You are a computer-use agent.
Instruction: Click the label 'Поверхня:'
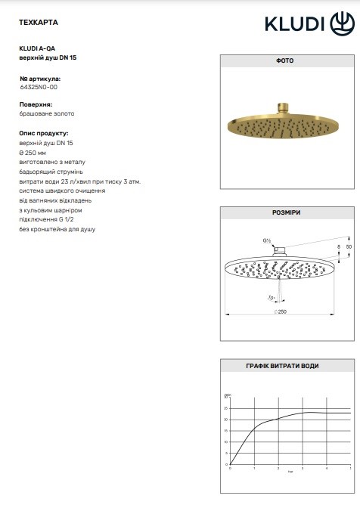click(x=35, y=104)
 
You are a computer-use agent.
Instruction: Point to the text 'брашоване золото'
click(x=47, y=113)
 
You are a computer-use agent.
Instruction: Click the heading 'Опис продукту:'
click(x=42, y=131)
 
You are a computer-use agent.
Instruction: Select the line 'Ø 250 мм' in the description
click(x=35, y=152)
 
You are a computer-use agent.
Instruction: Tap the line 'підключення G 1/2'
click(x=50, y=219)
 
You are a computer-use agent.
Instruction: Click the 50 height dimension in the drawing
click(x=349, y=247)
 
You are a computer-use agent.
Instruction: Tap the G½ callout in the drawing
click(x=266, y=241)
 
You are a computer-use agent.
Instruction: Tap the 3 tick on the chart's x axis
click(x=303, y=469)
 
